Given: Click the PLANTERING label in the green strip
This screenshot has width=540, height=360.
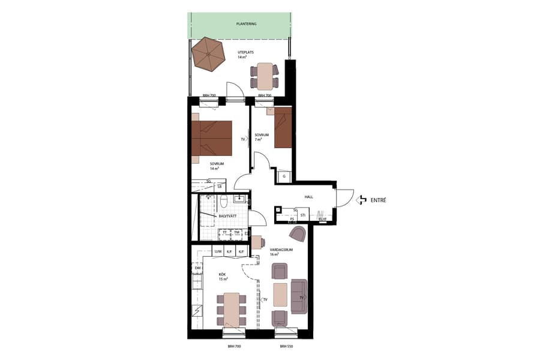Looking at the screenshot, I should pyautogui.click(x=246, y=24).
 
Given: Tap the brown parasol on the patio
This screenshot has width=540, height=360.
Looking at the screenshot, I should pyautogui.click(x=208, y=53).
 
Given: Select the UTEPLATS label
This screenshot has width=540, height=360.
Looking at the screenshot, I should pyautogui.click(x=246, y=53).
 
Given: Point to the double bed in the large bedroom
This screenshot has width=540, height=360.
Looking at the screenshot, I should pyautogui.click(x=212, y=138).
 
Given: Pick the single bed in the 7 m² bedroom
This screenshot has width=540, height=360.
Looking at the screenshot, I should pyautogui.click(x=283, y=127).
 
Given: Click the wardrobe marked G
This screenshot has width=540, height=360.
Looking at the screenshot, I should pyautogui.click(x=284, y=176).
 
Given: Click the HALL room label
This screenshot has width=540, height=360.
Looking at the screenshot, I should pyautogui.click(x=309, y=196).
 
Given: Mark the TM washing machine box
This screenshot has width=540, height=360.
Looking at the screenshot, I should pyautogui.click(x=236, y=232).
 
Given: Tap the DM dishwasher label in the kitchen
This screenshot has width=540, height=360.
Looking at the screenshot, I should pyautogui.click(x=197, y=268).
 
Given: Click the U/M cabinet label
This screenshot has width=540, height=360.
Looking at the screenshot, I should pyautogui.click(x=218, y=251).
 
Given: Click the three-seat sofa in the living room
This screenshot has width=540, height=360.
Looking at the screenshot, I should pyautogui.click(x=299, y=296).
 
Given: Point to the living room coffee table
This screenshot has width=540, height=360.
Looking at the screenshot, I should pyautogui.click(x=280, y=295).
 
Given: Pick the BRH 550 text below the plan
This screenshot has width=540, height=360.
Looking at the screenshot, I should pyautogui.click(x=287, y=347).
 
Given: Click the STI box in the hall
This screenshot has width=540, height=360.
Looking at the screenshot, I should pyautogui.click(x=303, y=214).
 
